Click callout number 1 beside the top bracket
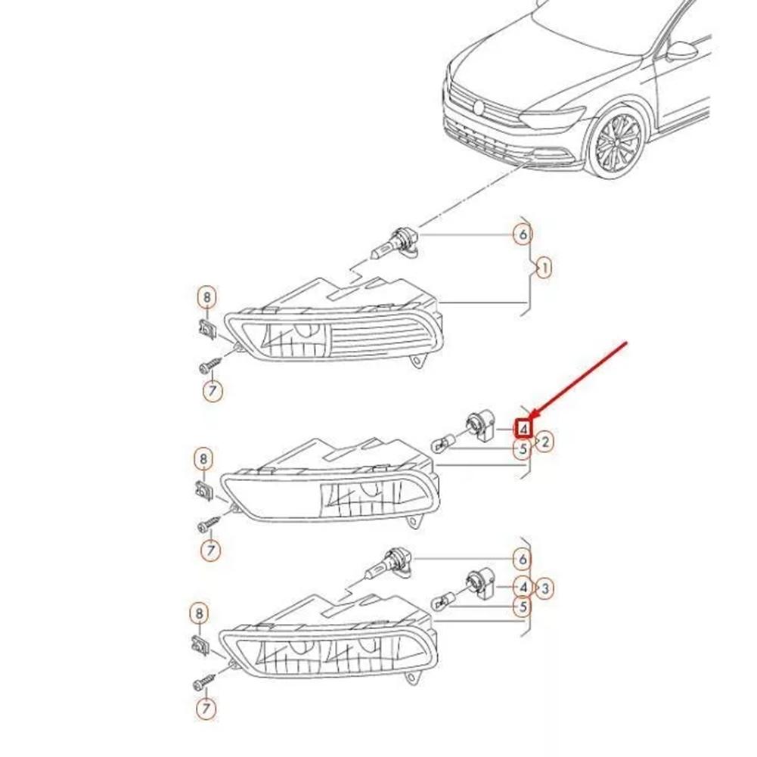pos(542,268)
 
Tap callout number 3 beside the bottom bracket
pos(546,587)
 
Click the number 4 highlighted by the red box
pos(523,429)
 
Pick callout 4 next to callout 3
pos(523,586)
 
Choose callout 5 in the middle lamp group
pos(523,450)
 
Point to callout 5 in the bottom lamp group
pos(523,606)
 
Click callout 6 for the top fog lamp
pos(523,234)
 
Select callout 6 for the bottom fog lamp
pos(523,560)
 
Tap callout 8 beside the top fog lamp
pos(206,297)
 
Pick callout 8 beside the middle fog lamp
pos(203,458)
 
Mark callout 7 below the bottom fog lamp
pos(205,709)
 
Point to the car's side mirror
pos(682,51)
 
